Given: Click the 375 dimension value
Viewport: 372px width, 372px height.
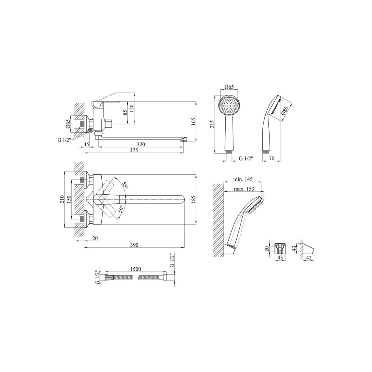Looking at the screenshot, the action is (x=134, y=150).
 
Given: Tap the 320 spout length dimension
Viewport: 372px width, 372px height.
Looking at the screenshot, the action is (x=141, y=144).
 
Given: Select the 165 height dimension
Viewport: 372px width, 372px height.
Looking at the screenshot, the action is (x=193, y=121).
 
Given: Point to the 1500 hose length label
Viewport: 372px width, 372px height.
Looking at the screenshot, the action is (x=136, y=269).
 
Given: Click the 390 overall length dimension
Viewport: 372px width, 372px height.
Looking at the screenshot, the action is (x=134, y=245).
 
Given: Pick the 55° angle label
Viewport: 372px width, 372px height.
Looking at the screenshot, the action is (x=125, y=185).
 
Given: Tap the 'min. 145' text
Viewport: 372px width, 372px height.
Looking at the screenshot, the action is (x=243, y=179).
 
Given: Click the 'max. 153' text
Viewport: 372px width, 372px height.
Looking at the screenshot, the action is (x=244, y=189).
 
